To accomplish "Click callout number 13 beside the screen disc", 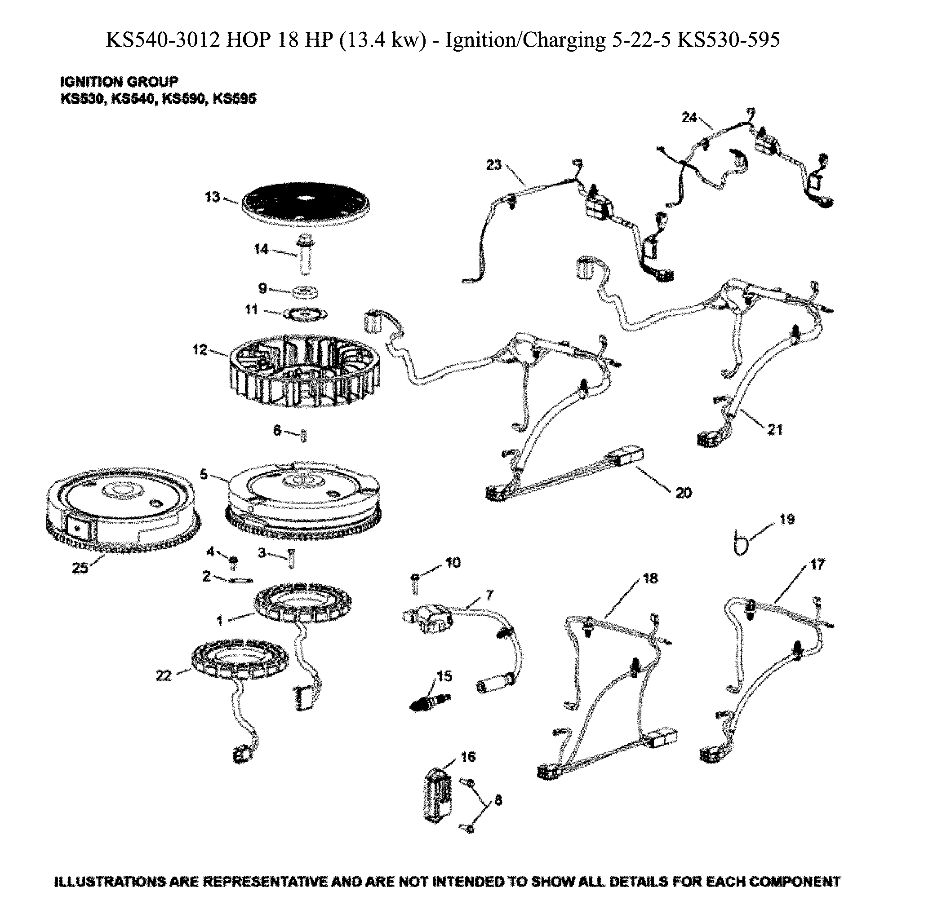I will pyautogui.click(x=212, y=197).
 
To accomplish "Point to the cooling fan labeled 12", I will pyautogui.click(x=305, y=372).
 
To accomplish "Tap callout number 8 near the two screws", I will pyautogui.click(x=498, y=799).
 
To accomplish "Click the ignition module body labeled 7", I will pyautogui.click(x=428, y=618).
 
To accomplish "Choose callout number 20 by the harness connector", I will pyautogui.click(x=683, y=493).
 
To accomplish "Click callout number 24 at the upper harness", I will pyautogui.click(x=689, y=118).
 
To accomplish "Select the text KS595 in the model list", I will pyautogui.click(x=234, y=99).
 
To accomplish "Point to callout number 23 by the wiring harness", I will pyautogui.click(x=493, y=165).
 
